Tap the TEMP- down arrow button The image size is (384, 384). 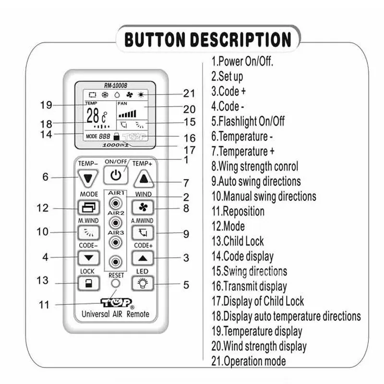coord(87,178)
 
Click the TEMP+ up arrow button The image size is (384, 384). coord(143,179)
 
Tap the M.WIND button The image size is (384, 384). coord(88,233)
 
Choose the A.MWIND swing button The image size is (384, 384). coord(143,233)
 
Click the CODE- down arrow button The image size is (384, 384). coord(88,258)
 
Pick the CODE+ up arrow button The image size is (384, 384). coord(143,258)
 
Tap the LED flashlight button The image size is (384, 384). coord(143,283)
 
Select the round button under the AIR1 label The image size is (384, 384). coord(115,202)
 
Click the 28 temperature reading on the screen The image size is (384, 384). coord(93,116)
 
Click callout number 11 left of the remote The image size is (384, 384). coord(44,305)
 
